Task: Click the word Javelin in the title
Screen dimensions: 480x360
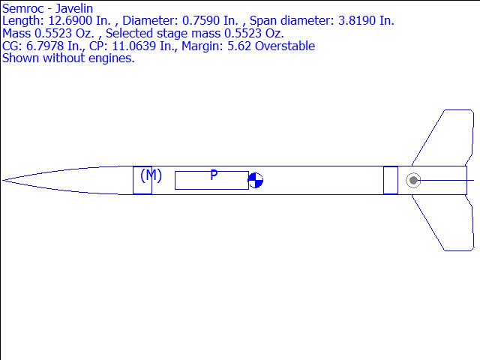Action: click(x=73, y=9)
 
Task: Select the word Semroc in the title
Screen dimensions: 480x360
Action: click(x=23, y=8)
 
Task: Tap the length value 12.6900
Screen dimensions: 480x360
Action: click(x=70, y=21)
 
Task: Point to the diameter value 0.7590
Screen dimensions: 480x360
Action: click(x=201, y=21)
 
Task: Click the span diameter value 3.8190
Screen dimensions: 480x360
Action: click(x=357, y=21)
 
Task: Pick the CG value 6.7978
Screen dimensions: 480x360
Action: click(x=45, y=46)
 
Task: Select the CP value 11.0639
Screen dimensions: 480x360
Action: click(x=134, y=46)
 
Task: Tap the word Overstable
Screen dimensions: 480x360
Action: click(x=285, y=46)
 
